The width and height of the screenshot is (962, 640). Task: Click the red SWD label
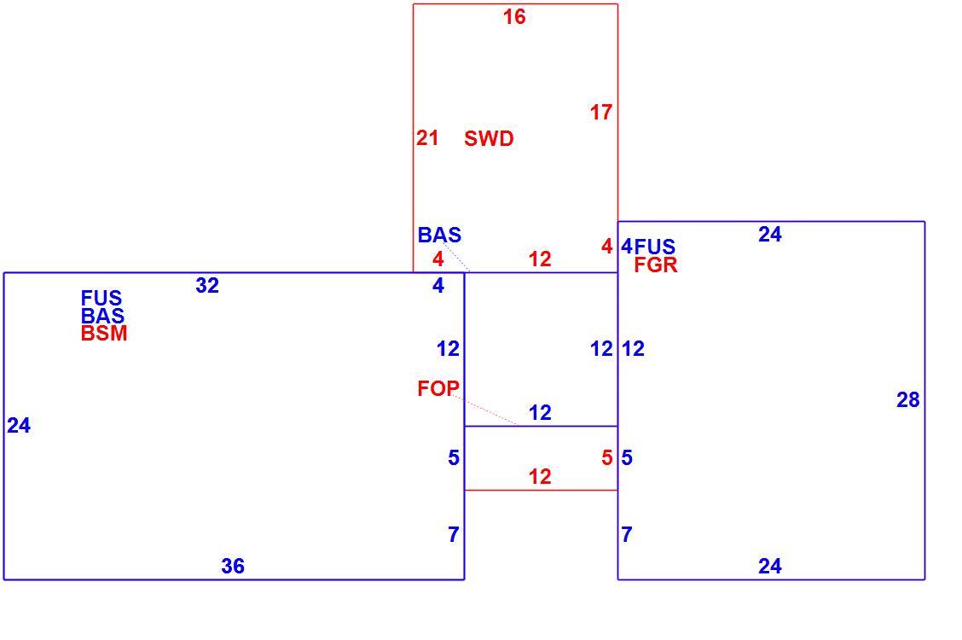[489, 139]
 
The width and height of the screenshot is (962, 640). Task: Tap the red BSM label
[104, 333]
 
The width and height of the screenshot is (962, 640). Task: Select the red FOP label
[438, 387]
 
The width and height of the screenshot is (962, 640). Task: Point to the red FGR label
[656, 265]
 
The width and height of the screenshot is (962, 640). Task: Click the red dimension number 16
[514, 16]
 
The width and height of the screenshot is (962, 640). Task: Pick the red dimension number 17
[601, 113]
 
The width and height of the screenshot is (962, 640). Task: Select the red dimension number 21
[427, 138]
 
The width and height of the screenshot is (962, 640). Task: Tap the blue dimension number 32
[207, 285]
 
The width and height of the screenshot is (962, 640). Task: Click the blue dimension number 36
[233, 566]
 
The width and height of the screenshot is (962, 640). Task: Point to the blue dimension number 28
[908, 400]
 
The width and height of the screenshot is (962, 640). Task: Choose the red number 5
[606, 457]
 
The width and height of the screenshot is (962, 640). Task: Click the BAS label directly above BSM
[103, 316]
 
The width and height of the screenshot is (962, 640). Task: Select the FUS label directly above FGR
[655, 247]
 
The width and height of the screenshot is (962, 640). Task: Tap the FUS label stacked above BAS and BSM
[101, 298]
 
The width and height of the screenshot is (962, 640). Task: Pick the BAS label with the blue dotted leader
[439, 235]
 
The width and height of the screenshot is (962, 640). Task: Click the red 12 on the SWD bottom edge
[540, 259]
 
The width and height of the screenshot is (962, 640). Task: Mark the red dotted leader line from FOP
[486, 410]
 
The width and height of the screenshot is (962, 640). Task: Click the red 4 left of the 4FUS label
[606, 247]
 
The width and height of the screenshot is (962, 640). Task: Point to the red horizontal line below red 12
[541, 491]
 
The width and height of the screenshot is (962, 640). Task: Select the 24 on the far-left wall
[19, 425]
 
